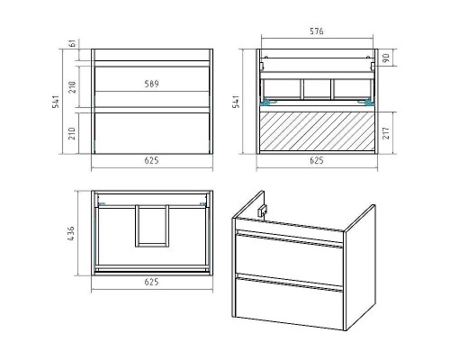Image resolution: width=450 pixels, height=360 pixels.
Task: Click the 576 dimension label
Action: coord(317,31)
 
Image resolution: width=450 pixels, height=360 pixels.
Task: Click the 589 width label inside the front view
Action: coord(151,84)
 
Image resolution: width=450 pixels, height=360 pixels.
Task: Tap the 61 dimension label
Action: coord(72,43)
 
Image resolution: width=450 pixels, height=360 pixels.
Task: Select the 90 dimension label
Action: coord(386,58)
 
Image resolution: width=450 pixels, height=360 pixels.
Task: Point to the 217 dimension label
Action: coord(386,132)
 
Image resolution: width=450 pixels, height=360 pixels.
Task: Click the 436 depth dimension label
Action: coord(71,234)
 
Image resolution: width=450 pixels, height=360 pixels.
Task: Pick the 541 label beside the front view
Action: coord(56,102)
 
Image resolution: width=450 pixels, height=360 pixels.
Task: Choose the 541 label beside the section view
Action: coord(237,102)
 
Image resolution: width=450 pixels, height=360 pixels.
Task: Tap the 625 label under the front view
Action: coord(151,160)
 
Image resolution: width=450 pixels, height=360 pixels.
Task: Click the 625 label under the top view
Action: coord(151,282)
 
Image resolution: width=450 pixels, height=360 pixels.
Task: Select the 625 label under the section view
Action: coord(317,160)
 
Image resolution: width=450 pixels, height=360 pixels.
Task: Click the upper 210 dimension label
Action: coord(72,87)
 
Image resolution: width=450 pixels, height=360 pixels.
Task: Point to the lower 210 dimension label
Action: coord(72,133)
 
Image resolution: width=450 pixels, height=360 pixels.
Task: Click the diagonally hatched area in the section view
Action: coord(317,131)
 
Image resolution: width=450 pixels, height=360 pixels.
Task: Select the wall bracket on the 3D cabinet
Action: coord(262,211)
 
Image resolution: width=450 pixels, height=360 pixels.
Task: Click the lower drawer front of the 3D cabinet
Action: coord(290,300)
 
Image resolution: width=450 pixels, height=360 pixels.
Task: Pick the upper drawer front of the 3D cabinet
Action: coord(290,257)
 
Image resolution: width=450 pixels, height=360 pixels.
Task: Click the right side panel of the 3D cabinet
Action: coord(360,267)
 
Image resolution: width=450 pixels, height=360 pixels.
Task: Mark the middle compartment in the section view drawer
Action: coord(317,89)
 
